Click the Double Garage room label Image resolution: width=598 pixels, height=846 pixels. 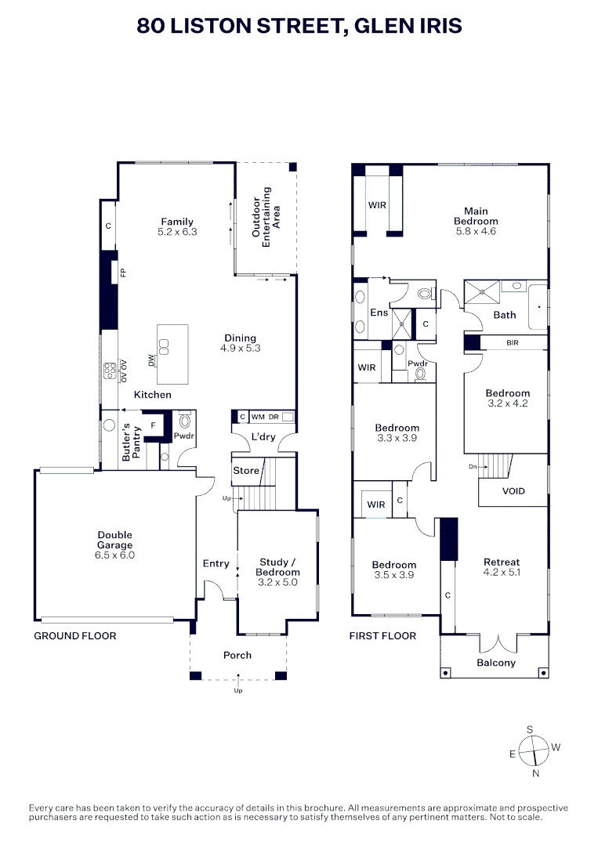pos(115,540)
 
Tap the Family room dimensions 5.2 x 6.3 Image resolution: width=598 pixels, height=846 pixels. pos(178,232)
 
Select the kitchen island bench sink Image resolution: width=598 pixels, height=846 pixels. pos(164,346)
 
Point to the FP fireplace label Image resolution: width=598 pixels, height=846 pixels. pos(123,273)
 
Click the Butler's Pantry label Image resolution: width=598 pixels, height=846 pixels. pos(131,442)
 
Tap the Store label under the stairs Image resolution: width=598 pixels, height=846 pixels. pos(246,471)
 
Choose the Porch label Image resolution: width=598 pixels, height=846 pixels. pos(237,655)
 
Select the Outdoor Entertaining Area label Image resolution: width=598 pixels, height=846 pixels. pos(266,217)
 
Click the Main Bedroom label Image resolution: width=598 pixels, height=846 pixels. pos(476,216)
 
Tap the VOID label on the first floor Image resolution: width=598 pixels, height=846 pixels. pos(513,491)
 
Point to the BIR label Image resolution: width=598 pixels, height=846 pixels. pos(513,342)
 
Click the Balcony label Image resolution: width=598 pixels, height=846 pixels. pos(496,663)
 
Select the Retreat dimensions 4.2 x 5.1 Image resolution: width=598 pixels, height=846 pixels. pos(502,573)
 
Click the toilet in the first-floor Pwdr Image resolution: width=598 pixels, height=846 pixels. pos(420,373)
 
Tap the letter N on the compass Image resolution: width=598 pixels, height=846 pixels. pos(536,773)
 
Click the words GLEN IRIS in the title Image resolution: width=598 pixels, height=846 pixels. pos(408,25)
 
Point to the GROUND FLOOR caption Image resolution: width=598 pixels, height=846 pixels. pos(75,636)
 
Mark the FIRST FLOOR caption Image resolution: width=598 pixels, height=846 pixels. pos(382,636)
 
